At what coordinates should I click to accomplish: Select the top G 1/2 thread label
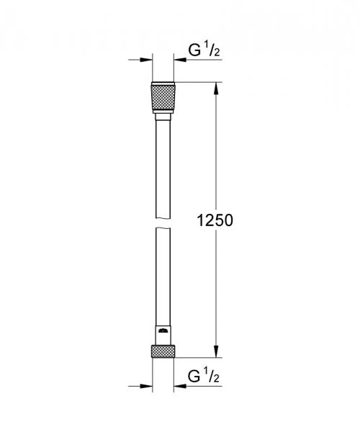(203, 51)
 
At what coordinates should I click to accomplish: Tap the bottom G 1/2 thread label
(203, 377)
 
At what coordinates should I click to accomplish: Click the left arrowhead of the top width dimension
(147, 60)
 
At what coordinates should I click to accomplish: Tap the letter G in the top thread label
(193, 51)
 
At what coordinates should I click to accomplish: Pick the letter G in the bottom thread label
(193, 377)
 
